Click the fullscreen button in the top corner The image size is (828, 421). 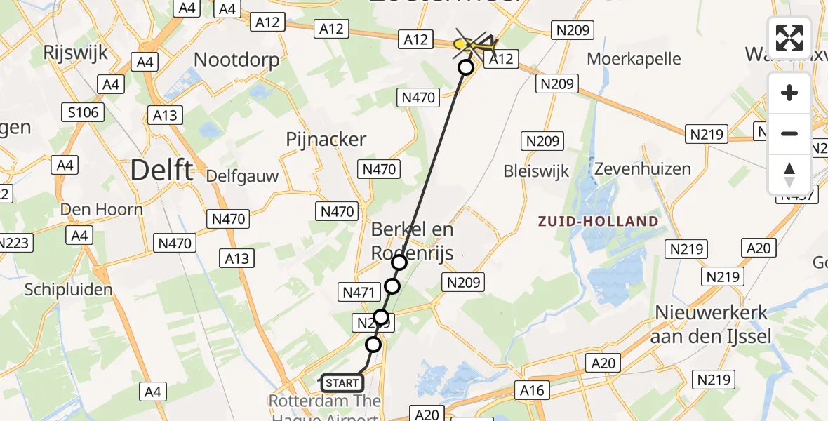(x=789, y=38)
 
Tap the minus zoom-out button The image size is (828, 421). (x=789, y=133)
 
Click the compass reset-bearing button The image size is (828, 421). (x=789, y=174)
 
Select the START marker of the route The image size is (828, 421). (x=342, y=383)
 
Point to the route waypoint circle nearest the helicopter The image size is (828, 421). (x=466, y=67)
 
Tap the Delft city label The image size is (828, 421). (x=162, y=170)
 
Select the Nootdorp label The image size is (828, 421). (x=236, y=60)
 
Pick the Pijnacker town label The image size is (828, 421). (x=326, y=140)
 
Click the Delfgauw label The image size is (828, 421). (x=242, y=176)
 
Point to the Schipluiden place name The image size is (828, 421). (x=68, y=289)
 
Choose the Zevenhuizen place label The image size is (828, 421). (x=642, y=169)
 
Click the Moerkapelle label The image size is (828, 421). (x=634, y=58)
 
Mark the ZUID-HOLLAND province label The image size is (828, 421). (x=598, y=222)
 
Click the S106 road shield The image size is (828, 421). (x=84, y=112)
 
